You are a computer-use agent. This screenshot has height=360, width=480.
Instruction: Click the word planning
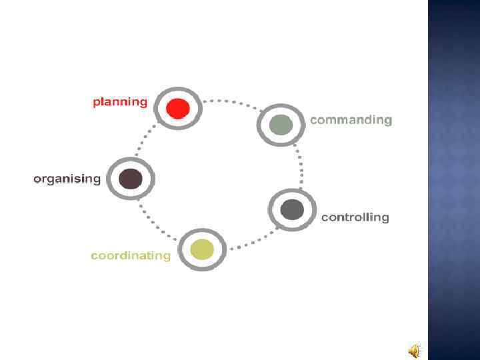(120, 102)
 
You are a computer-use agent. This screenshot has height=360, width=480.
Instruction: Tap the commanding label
(351, 120)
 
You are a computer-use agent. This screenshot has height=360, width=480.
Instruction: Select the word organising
(67, 179)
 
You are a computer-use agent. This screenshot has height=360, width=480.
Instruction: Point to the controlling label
(355, 217)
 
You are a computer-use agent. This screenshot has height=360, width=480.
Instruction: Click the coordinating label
(131, 255)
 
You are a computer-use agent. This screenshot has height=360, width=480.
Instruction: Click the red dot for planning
(178, 108)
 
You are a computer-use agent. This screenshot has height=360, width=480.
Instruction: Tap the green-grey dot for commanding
(281, 125)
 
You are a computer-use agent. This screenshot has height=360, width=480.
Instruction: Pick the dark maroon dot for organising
(130, 179)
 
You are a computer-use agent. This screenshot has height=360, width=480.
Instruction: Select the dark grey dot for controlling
(291, 210)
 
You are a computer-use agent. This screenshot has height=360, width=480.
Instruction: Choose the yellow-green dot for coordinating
(202, 250)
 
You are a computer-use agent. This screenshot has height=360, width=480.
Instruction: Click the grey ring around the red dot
(178, 91)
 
